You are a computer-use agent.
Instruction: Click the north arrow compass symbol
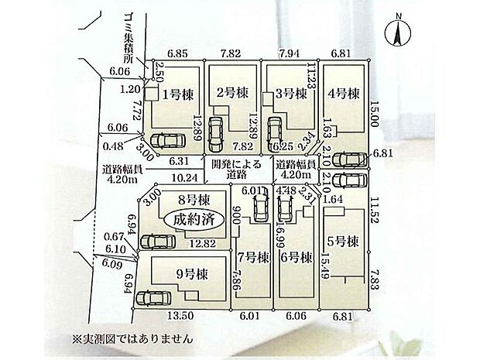(x=397, y=33)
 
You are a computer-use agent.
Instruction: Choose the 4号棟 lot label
(x=345, y=94)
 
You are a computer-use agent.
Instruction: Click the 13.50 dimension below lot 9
(x=180, y=316)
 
